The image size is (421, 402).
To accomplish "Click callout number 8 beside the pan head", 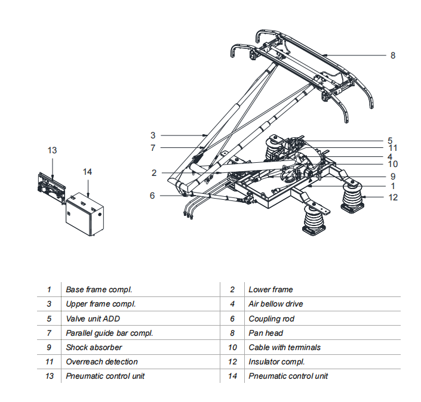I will (x=392, y=55).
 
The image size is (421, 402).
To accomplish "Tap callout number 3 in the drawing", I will (x=153, y=135).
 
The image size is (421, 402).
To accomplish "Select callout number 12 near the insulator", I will (x=393, y=197).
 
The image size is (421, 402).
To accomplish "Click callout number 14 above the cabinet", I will (x=87, y=172).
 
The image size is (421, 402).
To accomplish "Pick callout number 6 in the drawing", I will (x=153, y=195).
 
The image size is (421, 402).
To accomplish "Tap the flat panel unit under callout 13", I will (x=50, y=188).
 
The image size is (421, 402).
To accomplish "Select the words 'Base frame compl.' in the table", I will (x=99, y=290).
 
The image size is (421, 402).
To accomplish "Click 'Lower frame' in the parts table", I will (x=271, y=290).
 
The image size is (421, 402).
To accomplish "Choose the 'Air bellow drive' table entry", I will (x=276, y=304).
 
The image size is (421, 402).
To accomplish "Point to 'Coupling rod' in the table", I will (x=271, y=318).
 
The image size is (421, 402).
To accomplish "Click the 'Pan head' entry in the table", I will (x=266, y=333).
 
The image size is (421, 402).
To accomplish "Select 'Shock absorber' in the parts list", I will (x=94, y=347).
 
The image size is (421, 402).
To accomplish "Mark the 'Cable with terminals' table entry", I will (x=284, y=347).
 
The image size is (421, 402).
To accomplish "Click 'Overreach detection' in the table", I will (x=102, y=361).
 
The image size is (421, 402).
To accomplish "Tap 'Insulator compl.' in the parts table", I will (x=276, y=361).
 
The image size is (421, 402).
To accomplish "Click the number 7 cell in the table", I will (x=49, y=333).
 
